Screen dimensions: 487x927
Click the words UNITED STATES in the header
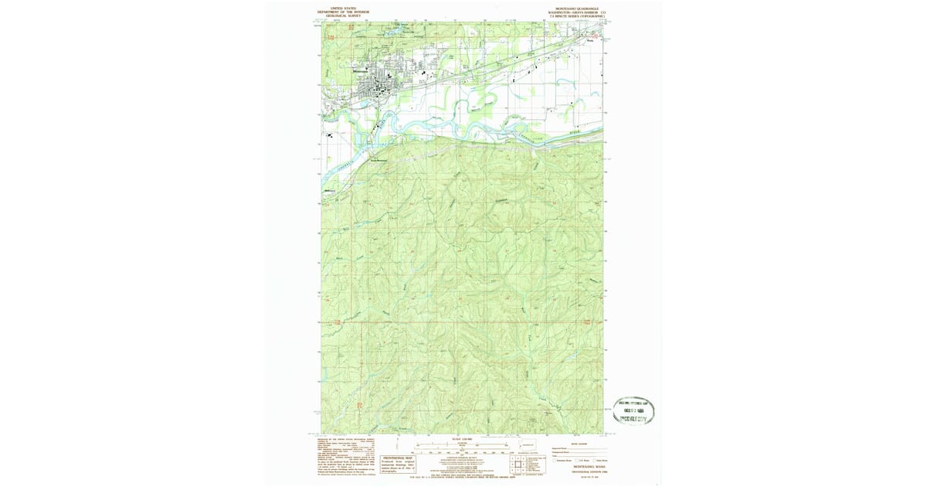pyautogui.click(x=344, y=7)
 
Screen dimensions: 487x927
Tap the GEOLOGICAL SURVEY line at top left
pyautogui.click(x=344, y=15)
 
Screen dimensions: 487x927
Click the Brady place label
pyautogui.click(x=587, y=43)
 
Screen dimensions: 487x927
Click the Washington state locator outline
pyautogui.click(x=528, y=444)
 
